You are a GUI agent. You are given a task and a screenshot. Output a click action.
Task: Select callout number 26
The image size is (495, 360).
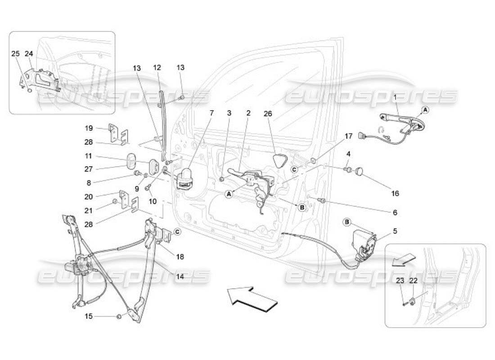(268, 113)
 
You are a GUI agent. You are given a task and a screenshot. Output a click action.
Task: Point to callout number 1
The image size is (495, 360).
(395, 97)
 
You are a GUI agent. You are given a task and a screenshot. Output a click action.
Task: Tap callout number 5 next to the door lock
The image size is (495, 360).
(395, 231)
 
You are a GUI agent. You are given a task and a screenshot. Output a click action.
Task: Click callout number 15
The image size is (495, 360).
(89, 316)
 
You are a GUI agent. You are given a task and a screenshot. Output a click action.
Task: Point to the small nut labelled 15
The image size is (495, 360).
(119, 317)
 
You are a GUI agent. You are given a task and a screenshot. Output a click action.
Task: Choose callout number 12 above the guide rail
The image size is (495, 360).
(157, 68)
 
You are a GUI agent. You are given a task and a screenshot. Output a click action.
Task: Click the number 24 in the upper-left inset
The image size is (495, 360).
(29, 54)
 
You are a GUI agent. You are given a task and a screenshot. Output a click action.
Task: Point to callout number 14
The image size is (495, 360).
(180, 277)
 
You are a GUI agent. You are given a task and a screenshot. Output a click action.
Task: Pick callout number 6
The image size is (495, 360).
(395, 212)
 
